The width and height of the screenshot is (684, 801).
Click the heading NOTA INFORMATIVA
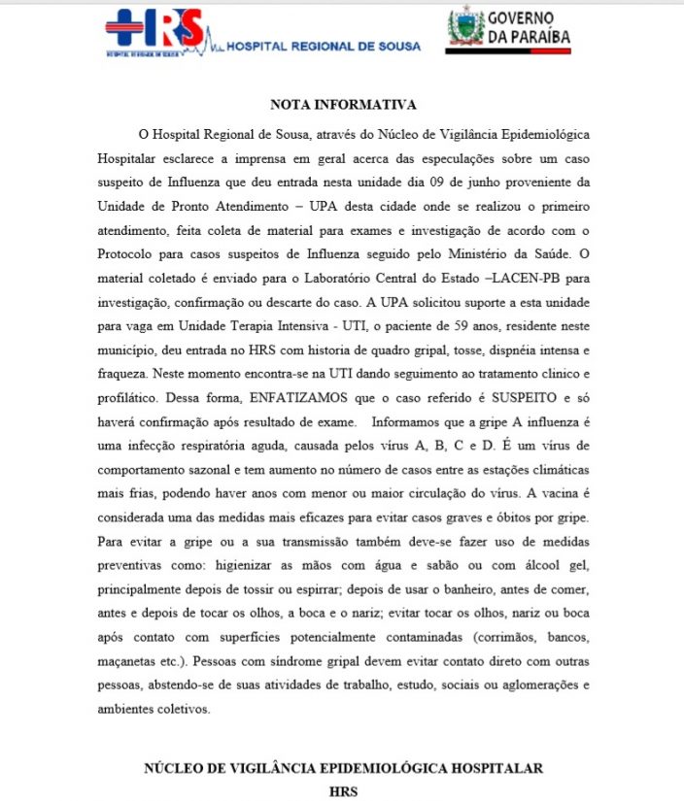pos(344,104)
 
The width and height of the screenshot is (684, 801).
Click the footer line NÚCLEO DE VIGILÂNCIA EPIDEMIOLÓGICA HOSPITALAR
pos(344,768)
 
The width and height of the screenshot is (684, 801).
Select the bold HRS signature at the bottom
pos(344,791)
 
